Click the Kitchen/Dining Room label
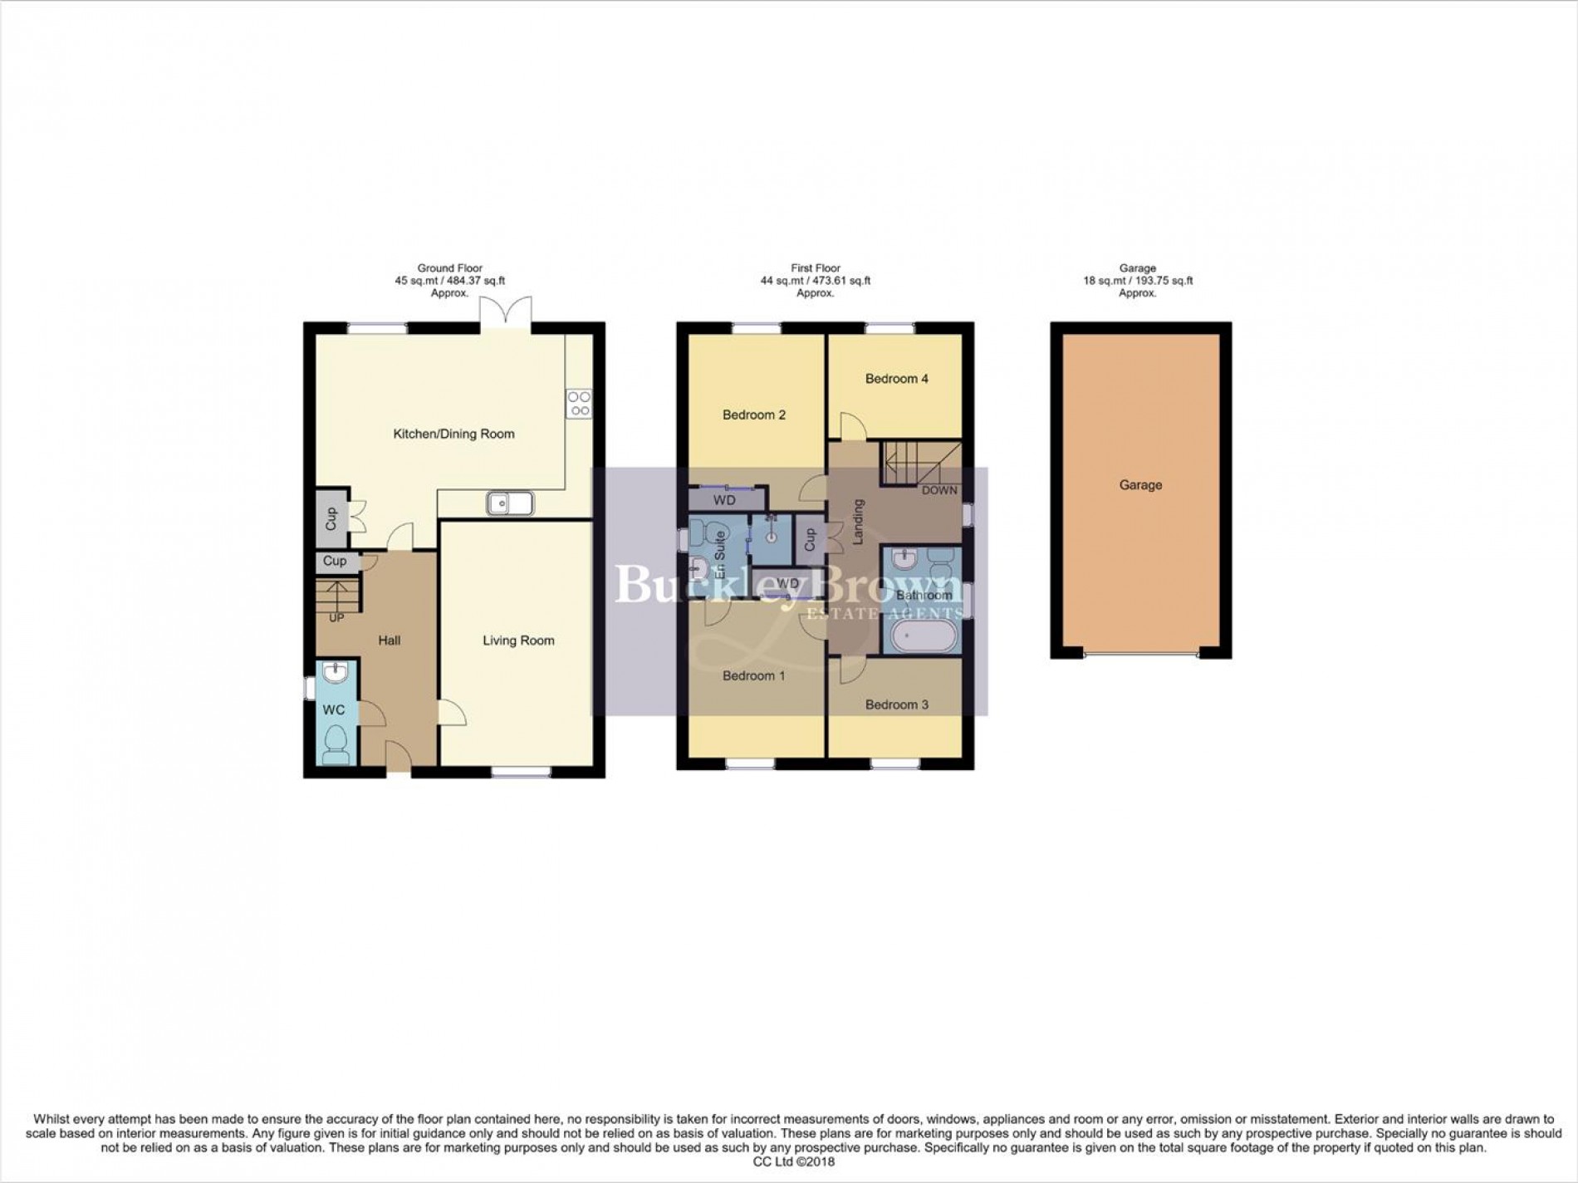[x=453, y=434]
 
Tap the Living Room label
[x=518, y=641]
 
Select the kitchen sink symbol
[x=511, y=503]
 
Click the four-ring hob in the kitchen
[x=579, y=404]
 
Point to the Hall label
[x=389, y=641]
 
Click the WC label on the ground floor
[x=334, y=710]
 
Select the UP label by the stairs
[x=337, y=618]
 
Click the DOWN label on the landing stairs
[x=939, y=490]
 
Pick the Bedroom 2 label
[x=753, y=415]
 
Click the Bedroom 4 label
[x=897, y=379]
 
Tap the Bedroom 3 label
[x=897, y=704]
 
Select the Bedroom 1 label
[x=753, y=676]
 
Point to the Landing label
[x=859, y=522]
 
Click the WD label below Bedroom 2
[x=724, y=501]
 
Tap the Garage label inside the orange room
[x=1140, y=485]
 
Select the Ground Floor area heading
[x=449, y=268]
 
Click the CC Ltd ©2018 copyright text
[x=789, y=1161]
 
